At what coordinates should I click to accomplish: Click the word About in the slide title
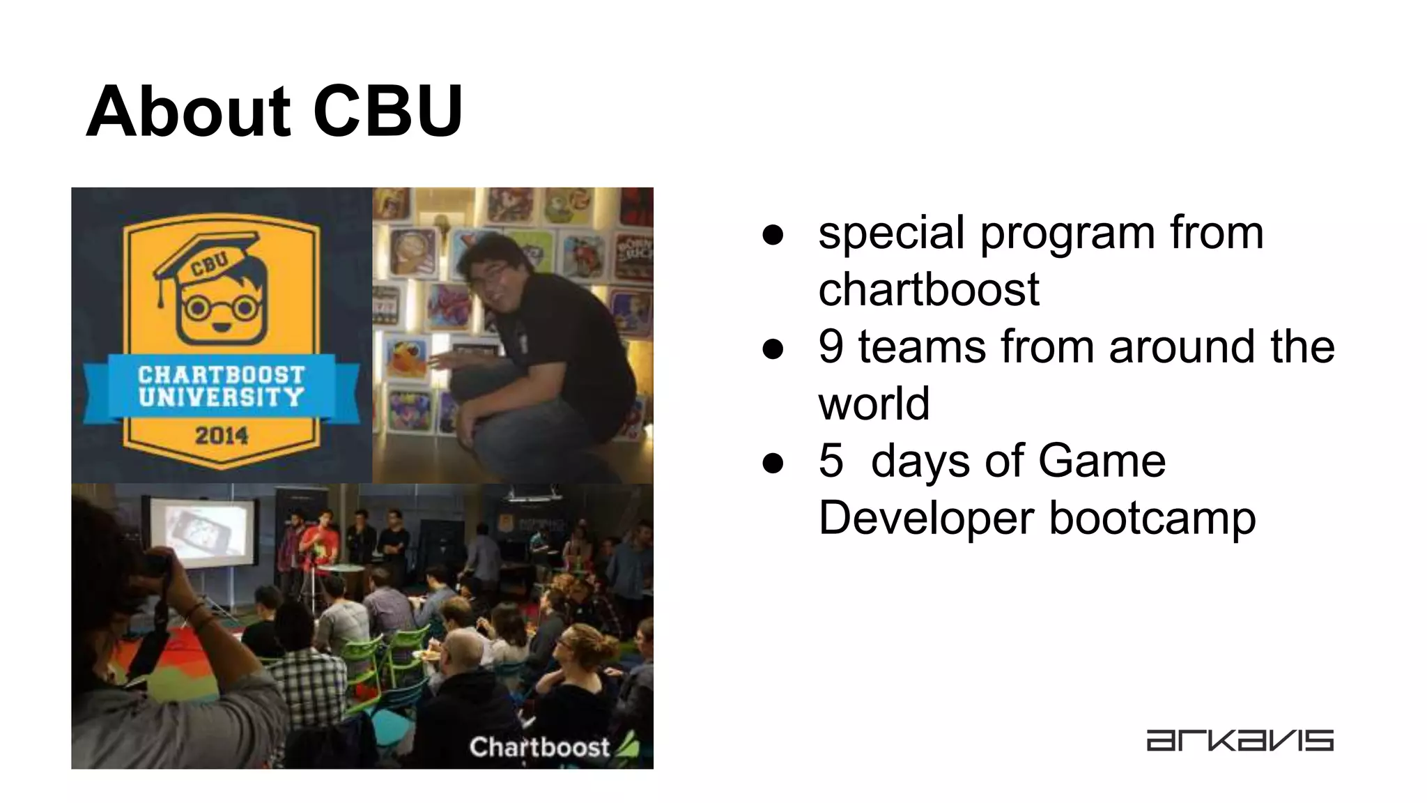(x=187, y=112)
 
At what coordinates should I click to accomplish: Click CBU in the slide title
(x=387, y=112)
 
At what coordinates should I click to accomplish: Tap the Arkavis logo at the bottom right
(x=1240, y=740)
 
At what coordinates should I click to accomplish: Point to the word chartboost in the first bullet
(x=928, y=289)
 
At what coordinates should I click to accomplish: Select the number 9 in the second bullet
(x=831, y=346)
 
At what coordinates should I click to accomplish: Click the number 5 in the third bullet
(x=831, y=461)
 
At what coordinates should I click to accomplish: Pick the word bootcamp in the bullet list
(x=1152, y=518)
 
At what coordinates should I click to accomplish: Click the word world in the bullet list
(x=874, y=404)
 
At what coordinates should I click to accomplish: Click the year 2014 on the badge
(x=222, y=436)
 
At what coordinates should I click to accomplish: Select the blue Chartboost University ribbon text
(x=222, y=386)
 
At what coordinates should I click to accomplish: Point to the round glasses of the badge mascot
(x=222, y=307)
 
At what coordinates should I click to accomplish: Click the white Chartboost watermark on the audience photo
(x=540, y=747)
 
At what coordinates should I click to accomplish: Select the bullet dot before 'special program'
(x=773, y=234)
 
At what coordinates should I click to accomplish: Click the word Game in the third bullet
(x=1101, y=461)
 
